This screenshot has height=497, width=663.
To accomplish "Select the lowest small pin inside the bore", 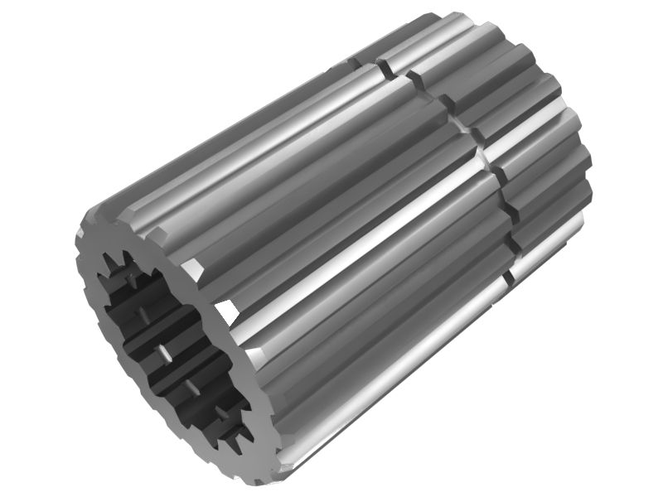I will (x=222, y=410).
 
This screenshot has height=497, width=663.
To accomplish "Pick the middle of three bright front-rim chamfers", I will (x=223, y=313).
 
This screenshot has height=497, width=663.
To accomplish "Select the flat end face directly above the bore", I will (x=124, y=228).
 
